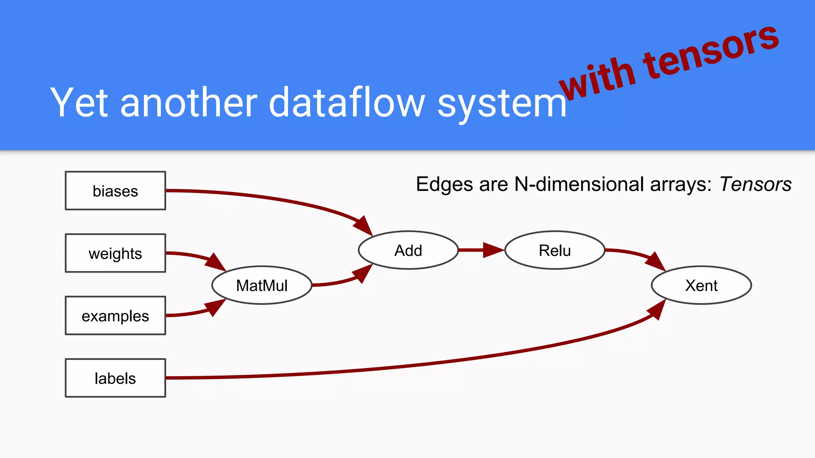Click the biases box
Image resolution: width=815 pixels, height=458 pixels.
tap(115, 191)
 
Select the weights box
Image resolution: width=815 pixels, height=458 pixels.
tap(115, 253)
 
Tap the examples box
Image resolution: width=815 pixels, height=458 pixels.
tap(115, 316)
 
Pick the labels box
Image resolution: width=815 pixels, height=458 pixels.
tap(115, 378)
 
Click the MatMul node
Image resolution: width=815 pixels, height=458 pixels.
tap(262, 285)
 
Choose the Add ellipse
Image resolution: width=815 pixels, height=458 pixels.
tap(408, 250)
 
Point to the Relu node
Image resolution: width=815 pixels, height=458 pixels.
tap(555, 250)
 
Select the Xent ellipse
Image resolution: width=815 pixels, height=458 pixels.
tap(701, 285)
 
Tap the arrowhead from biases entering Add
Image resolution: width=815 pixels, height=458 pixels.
tap(363, 226)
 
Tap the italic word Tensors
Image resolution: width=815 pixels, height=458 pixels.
tap(755, 184)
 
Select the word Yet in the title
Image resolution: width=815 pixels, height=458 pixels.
tap(79, 103)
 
